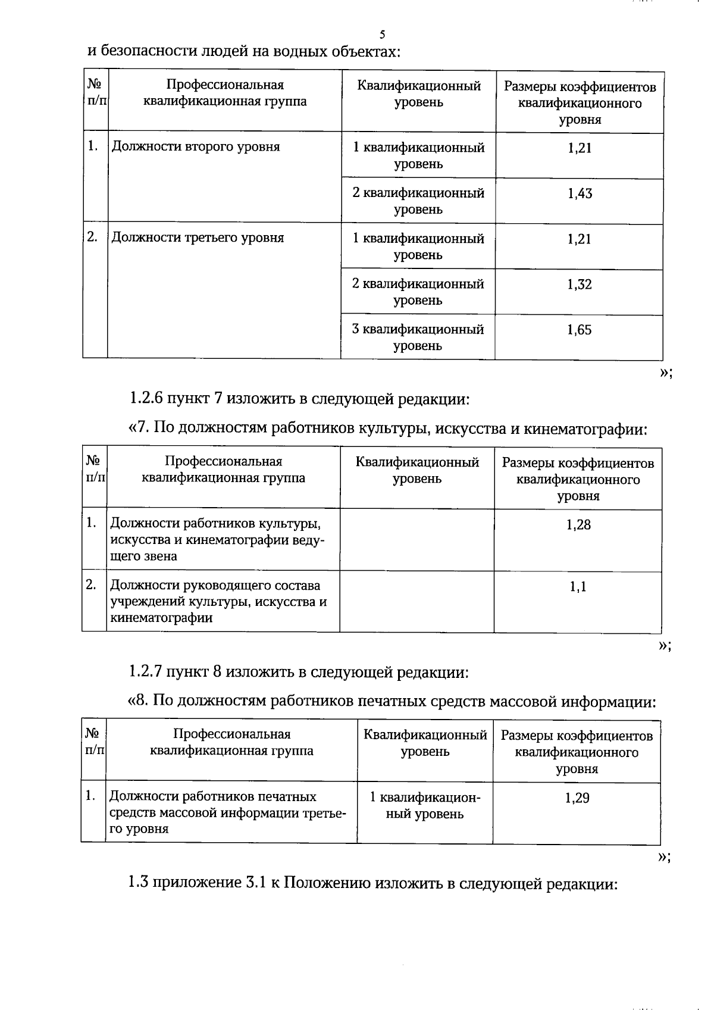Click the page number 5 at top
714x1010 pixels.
tap(383, 34)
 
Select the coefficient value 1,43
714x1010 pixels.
tap(580, 193)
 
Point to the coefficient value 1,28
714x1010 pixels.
tap(578, 525)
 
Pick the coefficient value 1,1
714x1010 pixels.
tap(578, 587)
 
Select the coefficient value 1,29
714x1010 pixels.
tap(577, 798)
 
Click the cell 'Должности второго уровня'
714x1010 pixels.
tap(196, 147)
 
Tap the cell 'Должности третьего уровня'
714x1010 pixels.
tap(198, 238)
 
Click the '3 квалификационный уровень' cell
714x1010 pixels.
tap(418, 337)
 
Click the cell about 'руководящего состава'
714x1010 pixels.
tap(219, 601)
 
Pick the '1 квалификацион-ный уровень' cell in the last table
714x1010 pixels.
tap(424, 805)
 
